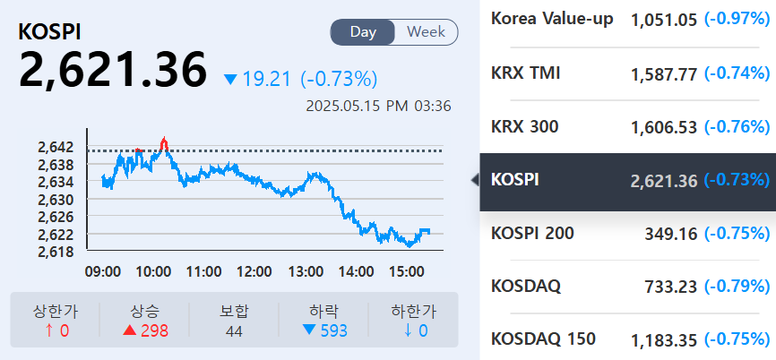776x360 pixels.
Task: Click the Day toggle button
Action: [363, 32]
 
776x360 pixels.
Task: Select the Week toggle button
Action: [426, 32]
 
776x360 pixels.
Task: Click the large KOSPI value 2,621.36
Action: [113, 70]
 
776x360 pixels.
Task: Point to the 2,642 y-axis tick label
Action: [56, 147]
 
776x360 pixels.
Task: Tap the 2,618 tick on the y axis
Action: [56, 252]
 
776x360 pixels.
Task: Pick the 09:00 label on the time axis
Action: [104, 270]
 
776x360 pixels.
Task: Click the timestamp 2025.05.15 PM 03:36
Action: [378, 106]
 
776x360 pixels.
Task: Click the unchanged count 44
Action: [235, 330]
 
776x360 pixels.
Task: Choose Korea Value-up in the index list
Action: [552, 19]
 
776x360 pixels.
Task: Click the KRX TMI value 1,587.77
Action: [664, 73]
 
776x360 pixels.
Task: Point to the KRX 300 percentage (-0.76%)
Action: [737, 127]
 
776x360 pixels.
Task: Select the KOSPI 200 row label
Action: [532, 233]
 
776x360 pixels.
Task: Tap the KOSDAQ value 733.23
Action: [671, 287]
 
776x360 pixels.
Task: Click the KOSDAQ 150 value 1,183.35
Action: [664, 340]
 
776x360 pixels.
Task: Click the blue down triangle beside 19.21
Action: [230, 80]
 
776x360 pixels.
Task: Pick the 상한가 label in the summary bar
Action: [55, 311]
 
